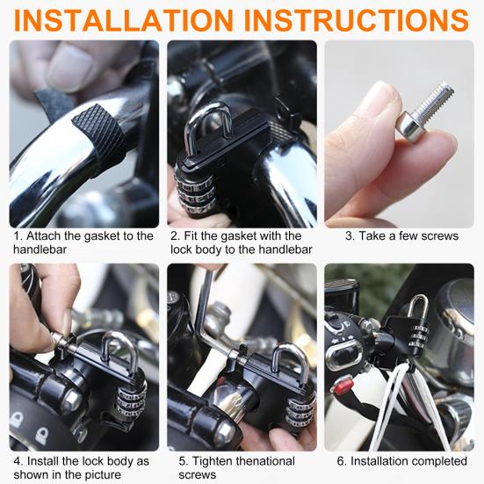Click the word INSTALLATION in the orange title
pos(124,20)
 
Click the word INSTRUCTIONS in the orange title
pos(357,20)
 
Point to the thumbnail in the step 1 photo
pos(70,68)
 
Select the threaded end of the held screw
pos(435,98)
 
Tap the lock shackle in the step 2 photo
pos(207,127)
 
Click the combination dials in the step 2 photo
pos(195,191)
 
